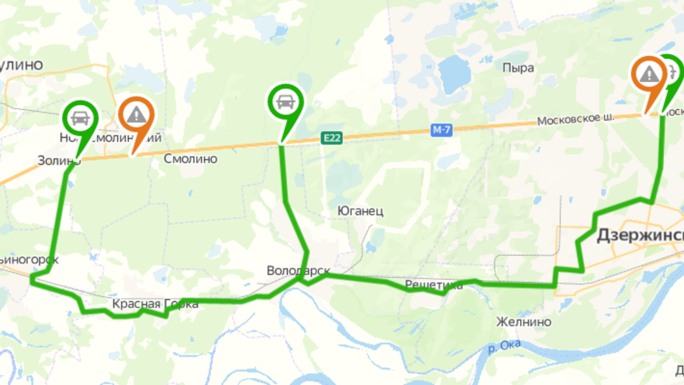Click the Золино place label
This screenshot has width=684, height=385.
(x=58, y=160)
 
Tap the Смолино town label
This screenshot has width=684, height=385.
(x=190, y=159)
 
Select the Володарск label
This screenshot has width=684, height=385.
(x=299, y=270)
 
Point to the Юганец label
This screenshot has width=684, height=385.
(x=361, y=211)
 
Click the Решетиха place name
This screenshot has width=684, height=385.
(x=434, y=285)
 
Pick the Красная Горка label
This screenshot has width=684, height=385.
(x=155, y=303)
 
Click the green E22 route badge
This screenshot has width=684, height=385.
(x=331, y=137)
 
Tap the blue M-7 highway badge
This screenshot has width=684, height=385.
(x=441, y=130)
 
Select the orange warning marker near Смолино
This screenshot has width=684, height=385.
(x=136, y=115)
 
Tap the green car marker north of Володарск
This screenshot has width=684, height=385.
(x=284, y=102)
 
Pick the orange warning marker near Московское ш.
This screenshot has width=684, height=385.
(x=648, y=75)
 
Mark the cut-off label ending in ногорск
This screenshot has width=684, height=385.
(x=29, y=259)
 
